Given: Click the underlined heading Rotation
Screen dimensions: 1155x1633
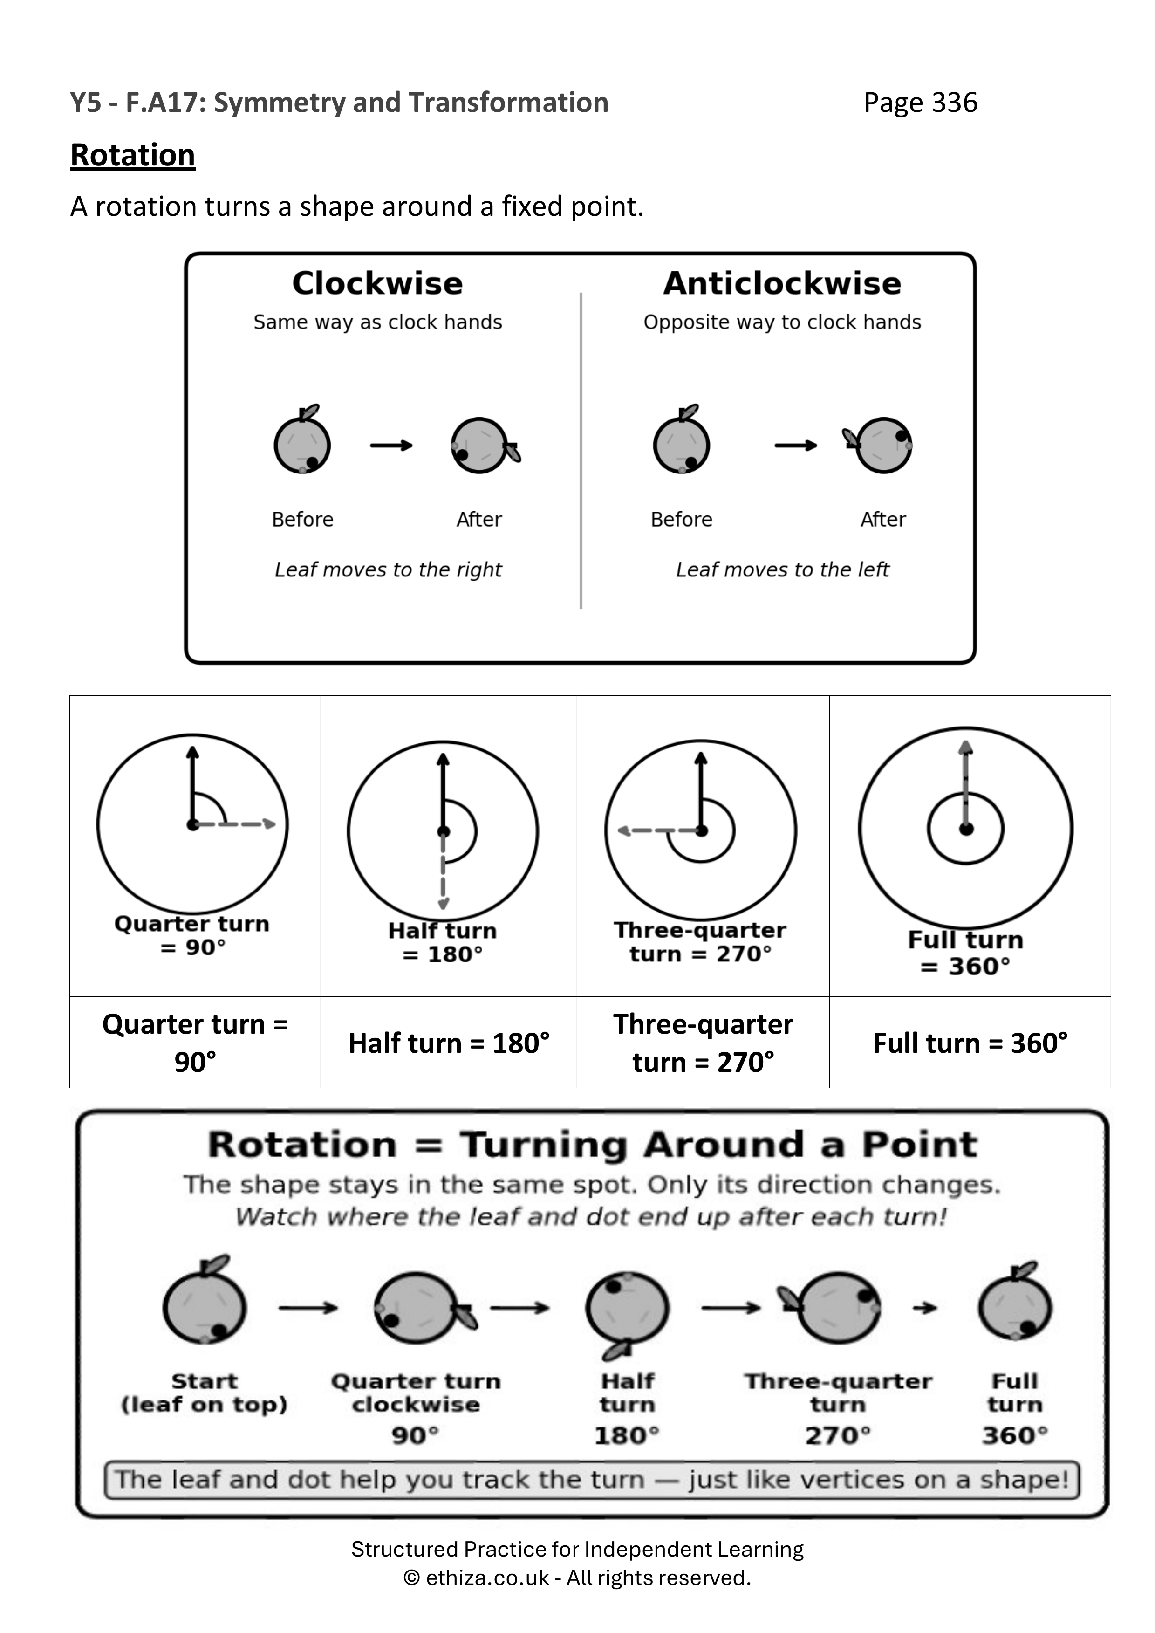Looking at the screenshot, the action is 133,155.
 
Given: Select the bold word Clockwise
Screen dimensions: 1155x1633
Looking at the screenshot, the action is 378,283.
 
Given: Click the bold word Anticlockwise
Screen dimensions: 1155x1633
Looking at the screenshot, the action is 782,283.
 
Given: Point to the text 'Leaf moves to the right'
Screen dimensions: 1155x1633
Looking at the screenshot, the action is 388,569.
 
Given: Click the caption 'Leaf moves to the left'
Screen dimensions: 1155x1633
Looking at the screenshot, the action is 782,569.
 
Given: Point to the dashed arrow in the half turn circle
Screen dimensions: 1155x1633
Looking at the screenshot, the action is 443,870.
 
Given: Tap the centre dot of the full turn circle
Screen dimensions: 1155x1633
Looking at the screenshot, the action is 966,829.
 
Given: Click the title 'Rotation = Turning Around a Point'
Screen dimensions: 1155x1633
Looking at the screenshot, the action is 593,1145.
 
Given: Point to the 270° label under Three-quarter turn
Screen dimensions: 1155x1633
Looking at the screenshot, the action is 838,1435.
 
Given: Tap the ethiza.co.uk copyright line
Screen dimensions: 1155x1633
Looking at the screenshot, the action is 578,1578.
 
